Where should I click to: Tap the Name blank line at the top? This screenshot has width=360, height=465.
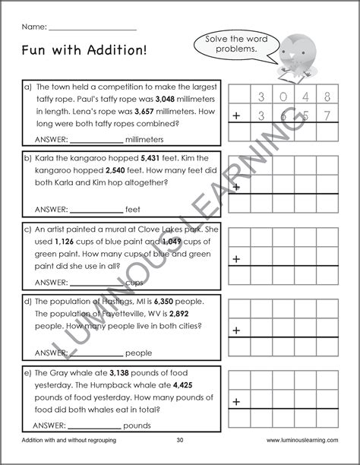[92, 28]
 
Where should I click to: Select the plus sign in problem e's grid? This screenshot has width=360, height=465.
[236, 403]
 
